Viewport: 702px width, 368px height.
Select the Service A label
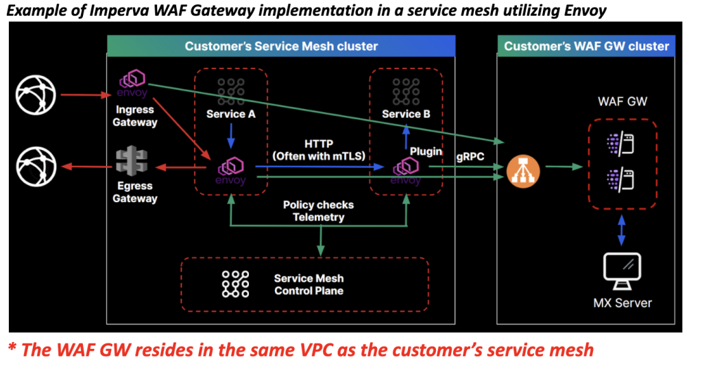click(x=231, y=114)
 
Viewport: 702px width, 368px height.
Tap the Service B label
click(x=406, y=114)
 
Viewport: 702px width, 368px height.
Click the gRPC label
click(x=471, y=156)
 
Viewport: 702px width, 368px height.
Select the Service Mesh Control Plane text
click(x=308, y=284)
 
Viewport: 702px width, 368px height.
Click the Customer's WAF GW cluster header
click(x=586, y=47)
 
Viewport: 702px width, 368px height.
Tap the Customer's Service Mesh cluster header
click(x=281, y=47)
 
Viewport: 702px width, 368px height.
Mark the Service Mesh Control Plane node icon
click(x=235, y=284)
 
